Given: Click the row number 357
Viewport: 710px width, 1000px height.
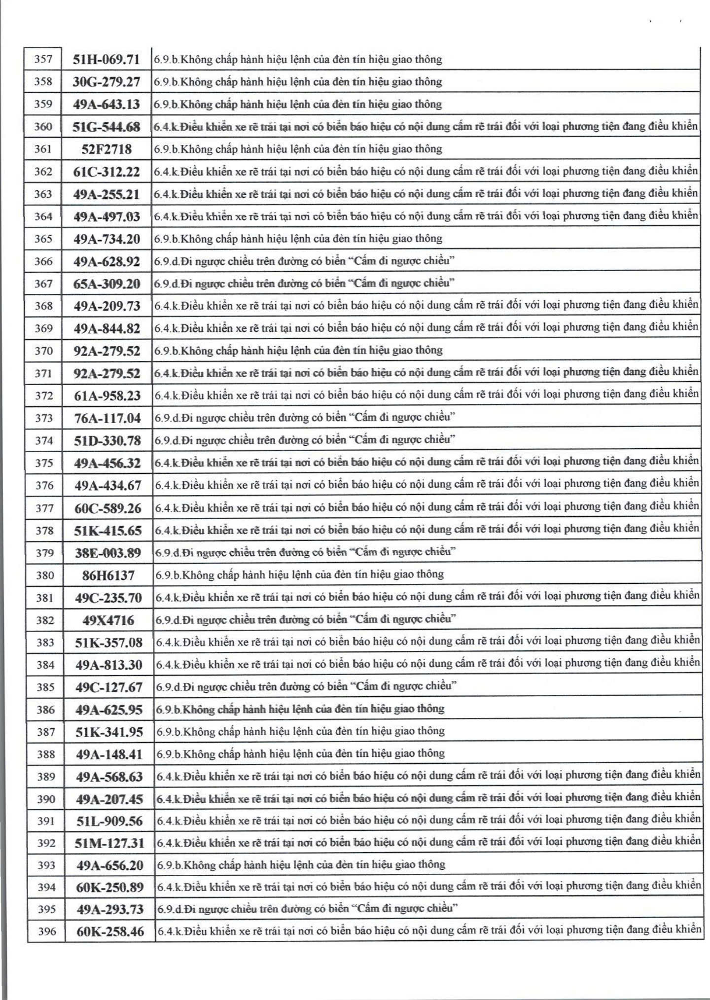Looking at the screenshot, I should tap(43, 59).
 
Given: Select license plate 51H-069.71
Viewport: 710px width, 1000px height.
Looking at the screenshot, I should tap(106, 60).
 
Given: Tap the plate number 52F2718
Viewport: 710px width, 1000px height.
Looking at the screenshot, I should tap(106, 149).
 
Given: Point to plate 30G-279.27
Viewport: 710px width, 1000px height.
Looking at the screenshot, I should tap(106, 82).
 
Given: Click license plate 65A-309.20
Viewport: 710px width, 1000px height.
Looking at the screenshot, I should tap(107, 284).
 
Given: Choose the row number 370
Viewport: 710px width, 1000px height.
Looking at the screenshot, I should tap(43, 351).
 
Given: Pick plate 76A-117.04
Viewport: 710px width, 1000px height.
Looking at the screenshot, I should tap(107, 418).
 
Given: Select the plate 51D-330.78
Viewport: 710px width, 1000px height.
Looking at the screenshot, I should tap(107, 440).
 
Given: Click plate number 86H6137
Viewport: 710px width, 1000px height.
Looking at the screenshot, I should tap(108, 575).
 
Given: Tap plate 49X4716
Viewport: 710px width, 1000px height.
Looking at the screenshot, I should tap(108, 620).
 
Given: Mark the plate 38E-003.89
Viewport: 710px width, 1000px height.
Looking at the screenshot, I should tap(108, 553).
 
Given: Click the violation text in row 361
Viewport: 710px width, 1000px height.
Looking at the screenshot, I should tap(298, 148).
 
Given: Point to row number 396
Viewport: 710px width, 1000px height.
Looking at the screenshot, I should tap(47, 931).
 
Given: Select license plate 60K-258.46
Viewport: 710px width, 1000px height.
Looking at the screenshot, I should tap(110, 931).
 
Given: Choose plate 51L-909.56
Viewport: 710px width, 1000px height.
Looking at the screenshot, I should tap(109, 821).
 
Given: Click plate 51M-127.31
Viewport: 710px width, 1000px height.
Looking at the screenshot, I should tap(109, 843).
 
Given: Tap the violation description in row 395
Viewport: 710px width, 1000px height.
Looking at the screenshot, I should tap(308, 908).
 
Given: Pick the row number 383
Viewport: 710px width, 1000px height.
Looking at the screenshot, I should tap(45, 643).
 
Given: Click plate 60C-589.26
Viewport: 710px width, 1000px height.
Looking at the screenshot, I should tap(108, 508).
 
